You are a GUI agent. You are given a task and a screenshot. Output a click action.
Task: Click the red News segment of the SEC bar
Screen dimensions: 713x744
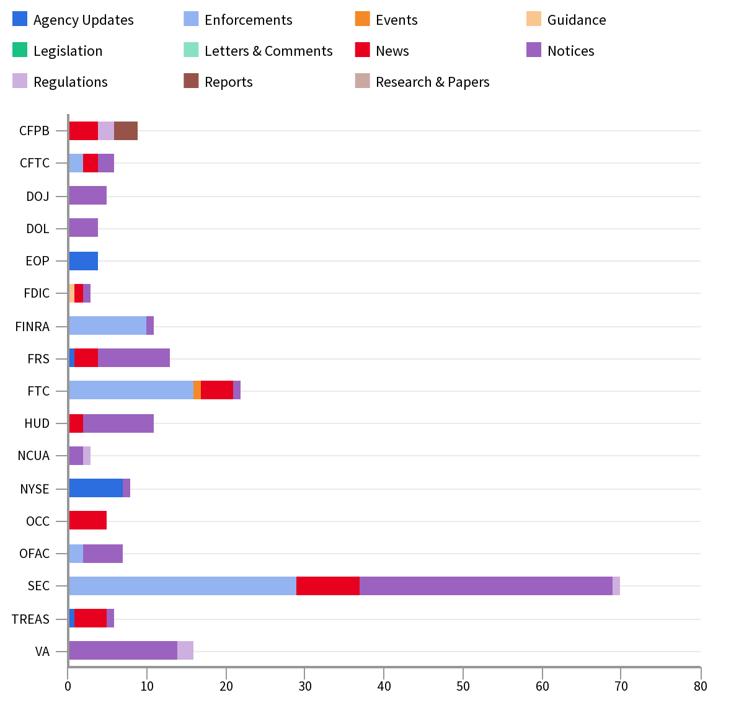328,586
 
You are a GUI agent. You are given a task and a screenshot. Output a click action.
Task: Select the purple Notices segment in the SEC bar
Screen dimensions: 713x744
486,586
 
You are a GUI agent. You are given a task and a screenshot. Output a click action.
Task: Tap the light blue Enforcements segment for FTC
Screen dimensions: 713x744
131,391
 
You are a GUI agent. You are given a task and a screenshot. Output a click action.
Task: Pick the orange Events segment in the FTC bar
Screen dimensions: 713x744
197,391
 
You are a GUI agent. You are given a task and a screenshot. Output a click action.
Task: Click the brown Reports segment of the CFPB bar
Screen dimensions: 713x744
126,131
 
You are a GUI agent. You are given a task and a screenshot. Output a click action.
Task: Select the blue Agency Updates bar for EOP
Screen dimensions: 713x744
83,261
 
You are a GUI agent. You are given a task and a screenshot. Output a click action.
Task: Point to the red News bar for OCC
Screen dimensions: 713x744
87,521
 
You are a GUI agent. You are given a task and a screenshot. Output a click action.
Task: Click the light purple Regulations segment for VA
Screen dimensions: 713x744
185,650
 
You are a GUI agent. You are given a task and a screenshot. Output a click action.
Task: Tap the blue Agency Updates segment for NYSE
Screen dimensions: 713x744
95,489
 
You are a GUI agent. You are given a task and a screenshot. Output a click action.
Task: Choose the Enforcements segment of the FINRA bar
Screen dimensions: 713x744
107,325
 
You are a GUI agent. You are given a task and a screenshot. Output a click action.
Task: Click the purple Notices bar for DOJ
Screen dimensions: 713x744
87,195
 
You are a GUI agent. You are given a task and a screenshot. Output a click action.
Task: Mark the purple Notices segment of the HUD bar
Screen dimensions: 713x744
118,423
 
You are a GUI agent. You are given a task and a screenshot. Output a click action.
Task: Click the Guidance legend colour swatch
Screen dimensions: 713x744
534,19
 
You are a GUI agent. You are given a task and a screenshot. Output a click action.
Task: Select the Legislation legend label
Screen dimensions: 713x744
68,51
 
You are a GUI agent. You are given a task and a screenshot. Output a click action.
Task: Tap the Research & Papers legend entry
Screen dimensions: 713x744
432,82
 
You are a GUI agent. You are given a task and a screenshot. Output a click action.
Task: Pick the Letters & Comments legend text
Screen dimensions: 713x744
268,51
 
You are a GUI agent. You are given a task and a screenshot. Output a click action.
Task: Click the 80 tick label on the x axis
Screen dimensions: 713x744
700,686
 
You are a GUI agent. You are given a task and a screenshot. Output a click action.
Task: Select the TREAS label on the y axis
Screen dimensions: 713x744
30,619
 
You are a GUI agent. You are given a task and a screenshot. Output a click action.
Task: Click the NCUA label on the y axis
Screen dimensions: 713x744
33,456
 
